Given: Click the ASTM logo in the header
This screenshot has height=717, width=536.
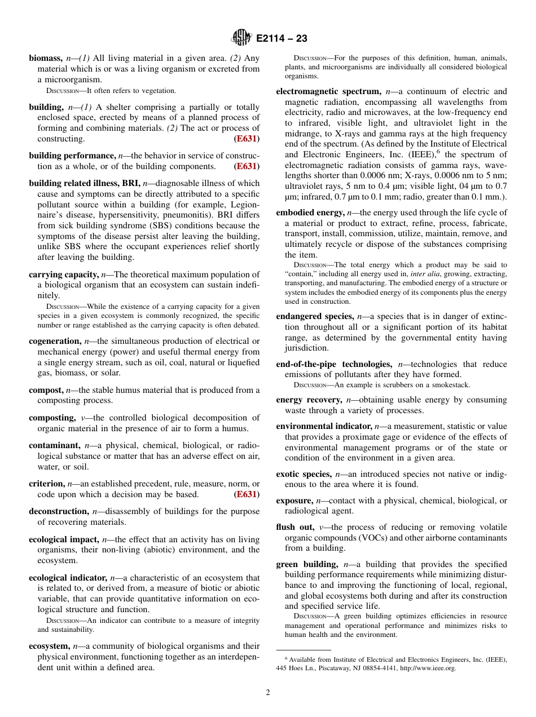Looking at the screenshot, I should [x=241, y=39].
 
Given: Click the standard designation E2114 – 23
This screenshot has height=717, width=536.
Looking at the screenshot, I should [x=282, y=39].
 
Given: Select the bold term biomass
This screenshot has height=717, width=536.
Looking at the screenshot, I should [x=45, y=58].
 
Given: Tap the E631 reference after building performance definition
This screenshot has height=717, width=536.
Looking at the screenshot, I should [x=247, y=166].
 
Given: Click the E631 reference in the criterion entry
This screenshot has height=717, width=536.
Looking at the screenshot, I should [x=247, y=494].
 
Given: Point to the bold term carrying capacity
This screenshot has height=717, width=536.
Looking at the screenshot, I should [x=64, y=275].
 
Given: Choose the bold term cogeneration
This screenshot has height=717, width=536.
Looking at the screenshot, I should [x=55, y=341].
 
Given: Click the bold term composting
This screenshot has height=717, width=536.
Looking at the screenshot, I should [x=52, y=418].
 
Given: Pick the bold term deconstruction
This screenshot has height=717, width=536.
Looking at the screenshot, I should [x=59, y=511].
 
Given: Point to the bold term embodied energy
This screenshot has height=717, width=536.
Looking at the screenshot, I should [x=310, y=213].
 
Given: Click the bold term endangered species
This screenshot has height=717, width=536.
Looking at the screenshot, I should [x=315, y=316].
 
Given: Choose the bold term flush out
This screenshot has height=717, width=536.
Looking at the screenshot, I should [x=296, y=527].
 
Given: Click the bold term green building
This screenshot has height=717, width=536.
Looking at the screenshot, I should [x=307, y=564].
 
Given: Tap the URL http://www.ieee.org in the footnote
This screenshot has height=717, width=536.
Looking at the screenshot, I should [x=428, y=668].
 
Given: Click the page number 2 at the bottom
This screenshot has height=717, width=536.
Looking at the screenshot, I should [x=268, y=693].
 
